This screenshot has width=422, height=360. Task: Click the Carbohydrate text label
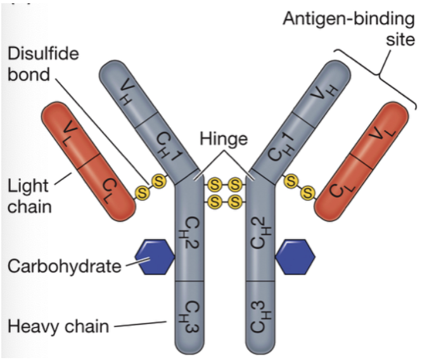(64, 266)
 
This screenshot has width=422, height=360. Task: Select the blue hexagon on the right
(295, 256)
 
